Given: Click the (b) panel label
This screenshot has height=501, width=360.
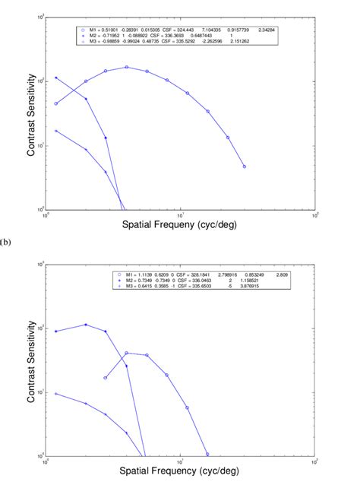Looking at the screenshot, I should [x=7, y=243].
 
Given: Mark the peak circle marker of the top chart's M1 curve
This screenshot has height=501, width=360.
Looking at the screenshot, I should [x=127, y=67].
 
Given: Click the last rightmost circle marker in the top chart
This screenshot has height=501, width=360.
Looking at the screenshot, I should [x=244, y=166].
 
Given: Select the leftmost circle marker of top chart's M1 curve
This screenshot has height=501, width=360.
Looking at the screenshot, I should [x=56, y=103].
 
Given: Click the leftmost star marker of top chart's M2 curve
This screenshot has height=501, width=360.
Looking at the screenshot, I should [x=56, y=78].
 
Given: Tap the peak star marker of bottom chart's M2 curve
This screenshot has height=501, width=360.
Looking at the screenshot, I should [x=86, y=325].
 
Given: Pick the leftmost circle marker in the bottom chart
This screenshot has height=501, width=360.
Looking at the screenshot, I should [x=106, y=378].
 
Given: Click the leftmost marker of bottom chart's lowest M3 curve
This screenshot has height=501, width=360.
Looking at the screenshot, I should [x=56, y=394].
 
